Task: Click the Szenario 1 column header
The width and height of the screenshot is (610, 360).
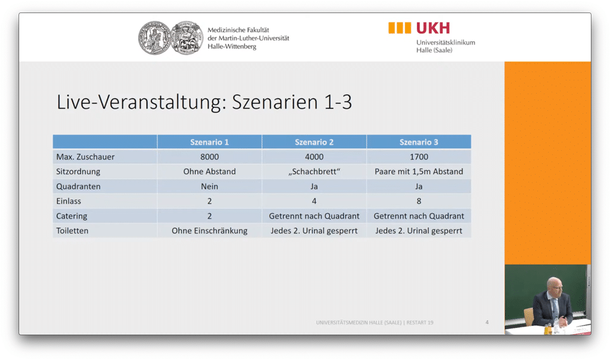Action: click(209, 142)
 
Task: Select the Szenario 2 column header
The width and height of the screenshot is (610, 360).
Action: click(314, 142)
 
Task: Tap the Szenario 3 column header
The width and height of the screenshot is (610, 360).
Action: click(419, 142)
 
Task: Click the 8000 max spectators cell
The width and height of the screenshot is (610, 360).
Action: click(209, 157)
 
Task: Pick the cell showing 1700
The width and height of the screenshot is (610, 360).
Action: click(419, 157)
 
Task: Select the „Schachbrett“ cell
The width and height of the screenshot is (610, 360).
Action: click(314, 172)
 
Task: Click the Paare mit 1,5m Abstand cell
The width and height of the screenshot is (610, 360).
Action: click(419, 172)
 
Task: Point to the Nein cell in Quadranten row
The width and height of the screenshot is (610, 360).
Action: click(209, 187)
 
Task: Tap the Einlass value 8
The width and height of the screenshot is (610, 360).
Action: click(419, 201)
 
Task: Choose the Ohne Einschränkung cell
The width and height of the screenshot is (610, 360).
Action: click(209, 231)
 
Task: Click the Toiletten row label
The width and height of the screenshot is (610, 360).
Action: click(72, 231)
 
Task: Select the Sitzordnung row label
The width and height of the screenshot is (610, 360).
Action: click(78, 172)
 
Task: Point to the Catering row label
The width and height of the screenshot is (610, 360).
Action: click(71, 216)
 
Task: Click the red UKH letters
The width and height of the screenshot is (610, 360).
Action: click(433, 28)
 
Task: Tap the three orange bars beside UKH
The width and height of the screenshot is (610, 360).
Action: click(400, 28)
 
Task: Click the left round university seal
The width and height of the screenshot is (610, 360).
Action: click(155, 38)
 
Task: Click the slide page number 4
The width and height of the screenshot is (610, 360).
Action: click(487, 322)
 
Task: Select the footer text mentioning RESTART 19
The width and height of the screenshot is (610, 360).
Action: click(375, 322)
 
